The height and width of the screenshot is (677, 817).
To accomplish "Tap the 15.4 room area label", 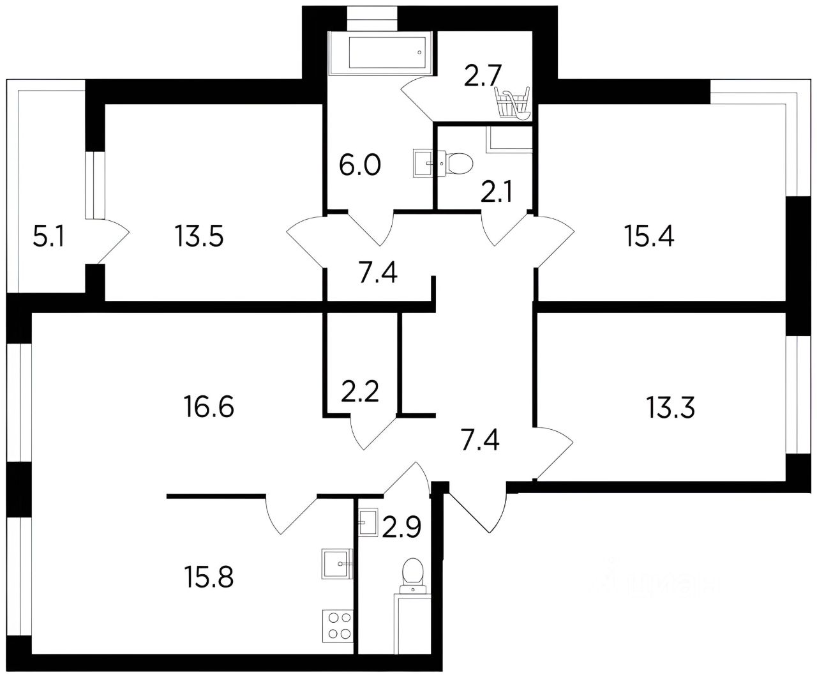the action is click(651, 237).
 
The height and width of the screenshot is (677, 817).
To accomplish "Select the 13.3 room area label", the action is click(670, 407).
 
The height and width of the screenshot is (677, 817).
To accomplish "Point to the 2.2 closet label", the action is click(360, 390).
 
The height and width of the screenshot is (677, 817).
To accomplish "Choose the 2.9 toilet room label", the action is click(401, 528).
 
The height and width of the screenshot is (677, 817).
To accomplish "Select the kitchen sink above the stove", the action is click(338, 563).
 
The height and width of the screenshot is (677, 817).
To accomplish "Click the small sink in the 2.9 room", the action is click(368, 522).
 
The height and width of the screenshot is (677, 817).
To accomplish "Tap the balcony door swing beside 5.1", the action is click(110, 240).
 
